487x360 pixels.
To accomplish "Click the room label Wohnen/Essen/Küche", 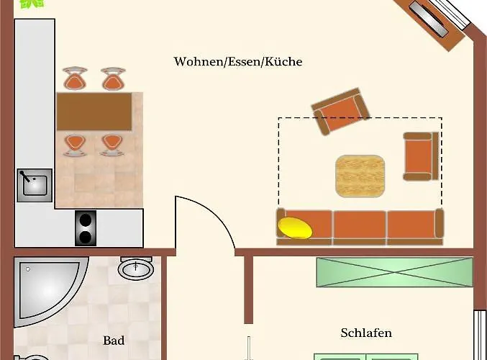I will tap(237, 62).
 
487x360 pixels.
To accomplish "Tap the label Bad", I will tap(114, 341).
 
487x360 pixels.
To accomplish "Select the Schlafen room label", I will tap(366, 333).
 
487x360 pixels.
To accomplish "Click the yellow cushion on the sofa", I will tap(296, 228).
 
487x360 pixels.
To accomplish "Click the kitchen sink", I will tap(35, 185).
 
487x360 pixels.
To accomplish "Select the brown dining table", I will tap(94, 112).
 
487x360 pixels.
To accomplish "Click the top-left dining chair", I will tap(76, 78).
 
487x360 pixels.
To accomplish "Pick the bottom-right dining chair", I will tap(111, 144).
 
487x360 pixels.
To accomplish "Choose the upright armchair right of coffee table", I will tap(420, 156).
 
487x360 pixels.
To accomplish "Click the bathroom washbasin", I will tap(136, 270).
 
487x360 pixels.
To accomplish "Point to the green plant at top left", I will tap(31, 4).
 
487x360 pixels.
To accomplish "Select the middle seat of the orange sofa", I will tap(359, 226).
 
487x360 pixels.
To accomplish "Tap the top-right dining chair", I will tap(112, 78).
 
